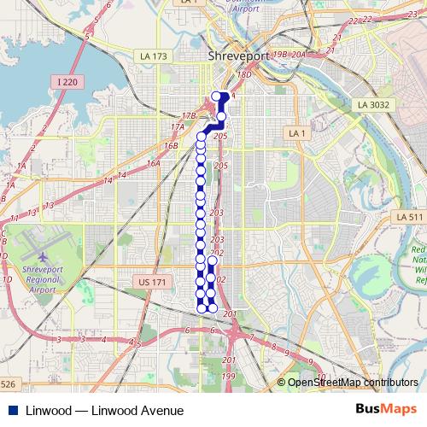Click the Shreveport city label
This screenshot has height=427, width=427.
click(239, 56)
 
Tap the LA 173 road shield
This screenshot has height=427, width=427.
click(155, 56)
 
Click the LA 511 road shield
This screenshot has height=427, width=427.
click(410, 218)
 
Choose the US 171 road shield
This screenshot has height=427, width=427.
click(149, 281)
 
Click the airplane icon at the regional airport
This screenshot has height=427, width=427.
click(42, 255)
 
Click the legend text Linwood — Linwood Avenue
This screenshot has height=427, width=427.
click(105, 411)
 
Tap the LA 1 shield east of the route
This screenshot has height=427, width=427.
click(296, 134)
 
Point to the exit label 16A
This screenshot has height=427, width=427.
click(154, 163)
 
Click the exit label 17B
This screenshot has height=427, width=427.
click(190, 114)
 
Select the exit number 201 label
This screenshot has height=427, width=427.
click(230, 314)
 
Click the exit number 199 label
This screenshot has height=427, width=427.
click(228, 376)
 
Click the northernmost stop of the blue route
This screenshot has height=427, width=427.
click(215, 96)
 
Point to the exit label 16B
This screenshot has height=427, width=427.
click(171, 146)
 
